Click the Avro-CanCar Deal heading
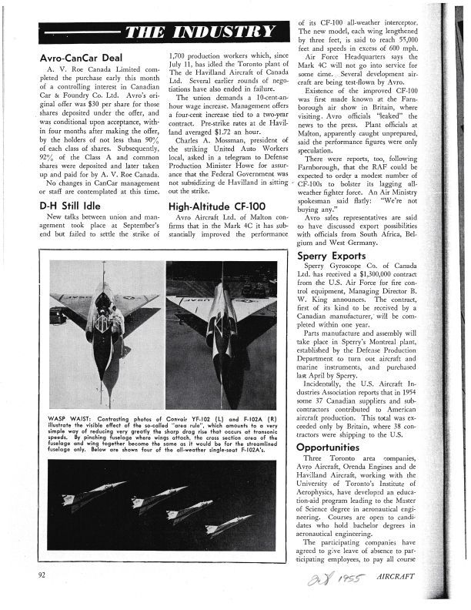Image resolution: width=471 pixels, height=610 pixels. point(81,58)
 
